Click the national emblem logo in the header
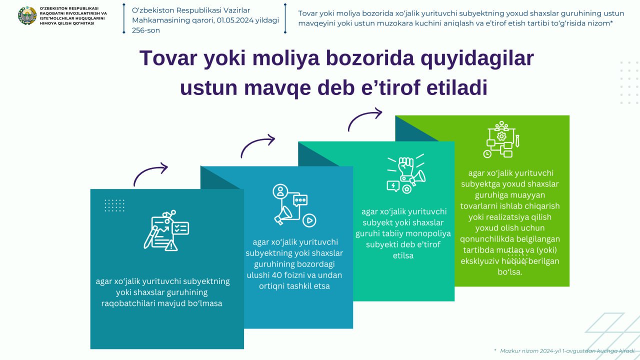pyautogui.click(x=27, y=15)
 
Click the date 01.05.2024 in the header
pyautogui.click(x=235, y=20)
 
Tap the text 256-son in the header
pyautogui.click(x=145, y=30)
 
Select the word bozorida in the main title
pyautogui.click(x=369, y=58)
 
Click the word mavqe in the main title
pyautogui.click(x=277, y=88)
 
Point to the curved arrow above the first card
pyautogui.click(x=150, y=174)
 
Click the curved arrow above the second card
pyautogui.click(x=257, y=146)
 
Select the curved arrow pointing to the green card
pyautogui.click(x=365, y=119)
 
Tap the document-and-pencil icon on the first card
pyautogui.click(x=166, y=230)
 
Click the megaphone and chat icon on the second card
pyautogui.click(x=294, y=205)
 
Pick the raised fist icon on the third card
pyautogui.click(x=406, y=174)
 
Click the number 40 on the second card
pyautogui.click(x=276, y=275)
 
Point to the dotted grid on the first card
pyautogui.click(x=114, y=205)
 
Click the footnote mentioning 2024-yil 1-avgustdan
pyautogui.click(x=567, y=351)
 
